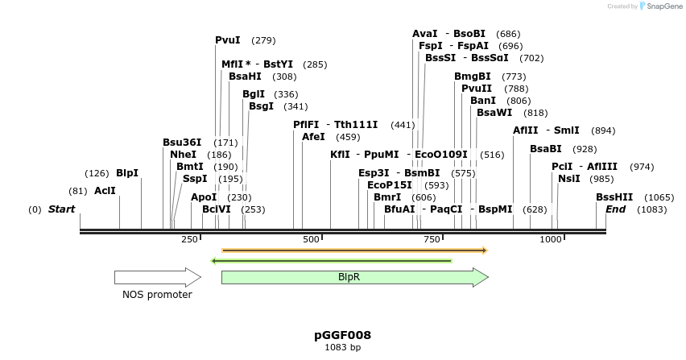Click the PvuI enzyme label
(x=228, y=40)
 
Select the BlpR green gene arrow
(x=354, y=277)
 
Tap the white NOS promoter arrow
(x=157, y=277)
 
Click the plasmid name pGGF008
(x=342, y=335)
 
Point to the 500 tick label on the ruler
(x=311, y=240)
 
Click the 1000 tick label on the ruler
(x=551, y=240)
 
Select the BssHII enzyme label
(x=614, y=197)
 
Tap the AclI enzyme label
(x=105, y=191)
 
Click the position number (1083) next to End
(x=651, y=209)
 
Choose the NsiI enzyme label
(x=568, y=179)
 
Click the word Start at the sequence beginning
(x=62, y=209)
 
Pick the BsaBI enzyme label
(x=545, y=149)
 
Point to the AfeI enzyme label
(x=313, y=137)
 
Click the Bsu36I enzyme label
(x=182, y=143)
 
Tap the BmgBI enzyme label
(x=472, y=77)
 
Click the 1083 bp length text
(x=342, y=347)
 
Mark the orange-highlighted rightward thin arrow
(x=354, y=250)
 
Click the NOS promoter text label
(x=157, y=295)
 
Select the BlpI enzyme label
(x=127, y=173)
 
